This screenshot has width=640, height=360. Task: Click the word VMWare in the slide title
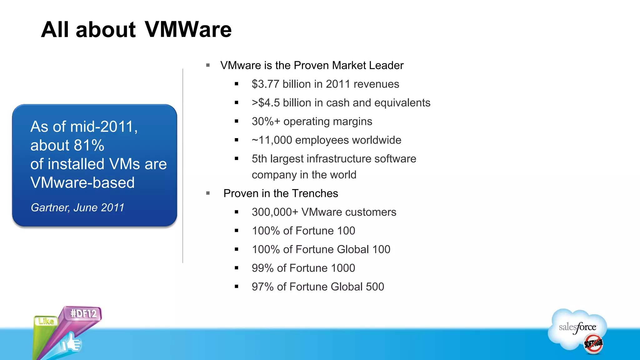(188, 30)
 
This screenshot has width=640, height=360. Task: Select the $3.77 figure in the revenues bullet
(265, 84)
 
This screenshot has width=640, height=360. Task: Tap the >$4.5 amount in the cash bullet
(266, 103)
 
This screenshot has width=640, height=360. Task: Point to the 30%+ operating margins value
(266, 122)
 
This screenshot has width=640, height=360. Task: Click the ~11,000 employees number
(272, 140)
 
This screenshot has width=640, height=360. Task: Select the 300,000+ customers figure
(275, 212)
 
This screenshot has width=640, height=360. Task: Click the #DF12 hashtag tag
(83, 313)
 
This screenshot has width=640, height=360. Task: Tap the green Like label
(46, 321)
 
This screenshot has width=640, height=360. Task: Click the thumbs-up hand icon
(71, 344)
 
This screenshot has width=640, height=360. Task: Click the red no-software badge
(593, 344)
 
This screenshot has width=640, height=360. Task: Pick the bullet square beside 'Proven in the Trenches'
(208, 193)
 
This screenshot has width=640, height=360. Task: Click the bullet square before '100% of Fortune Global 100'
(237, 249)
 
